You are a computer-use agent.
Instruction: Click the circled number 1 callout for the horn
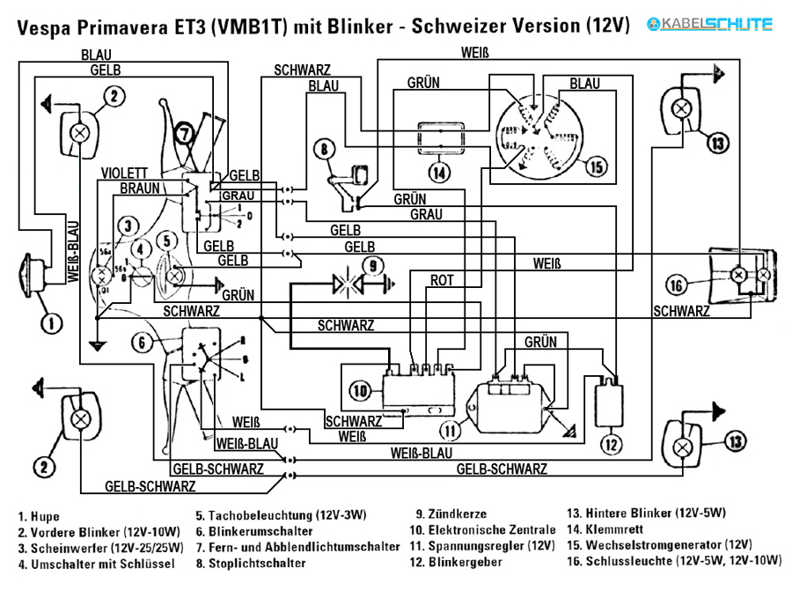[x=51, y=323]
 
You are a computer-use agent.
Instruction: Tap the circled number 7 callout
[x=184, y=134]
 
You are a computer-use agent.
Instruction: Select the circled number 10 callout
[x=360, y=391]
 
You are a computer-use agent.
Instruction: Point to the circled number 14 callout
[x=439, y=173]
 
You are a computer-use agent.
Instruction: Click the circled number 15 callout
[x=597, y=166]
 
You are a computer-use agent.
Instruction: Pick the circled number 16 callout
[x=677, y=285]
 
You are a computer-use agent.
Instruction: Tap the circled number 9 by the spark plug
[x=373, y=266]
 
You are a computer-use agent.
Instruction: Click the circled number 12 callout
[x=612, y=445]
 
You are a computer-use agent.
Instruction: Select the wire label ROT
[x=442, y=280]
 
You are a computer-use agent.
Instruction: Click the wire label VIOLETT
[x=124, y=173]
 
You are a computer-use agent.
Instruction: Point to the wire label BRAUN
[x=139, y=188]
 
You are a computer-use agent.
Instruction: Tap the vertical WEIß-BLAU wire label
[x=73, y=251]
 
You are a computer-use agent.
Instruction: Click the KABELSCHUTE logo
[x=709, y=24]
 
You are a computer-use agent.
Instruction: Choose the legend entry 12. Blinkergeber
[x=456, y=562]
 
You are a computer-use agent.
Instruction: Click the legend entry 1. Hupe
[x=39, y=516]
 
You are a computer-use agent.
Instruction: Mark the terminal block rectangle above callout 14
[x=441, y=138]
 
